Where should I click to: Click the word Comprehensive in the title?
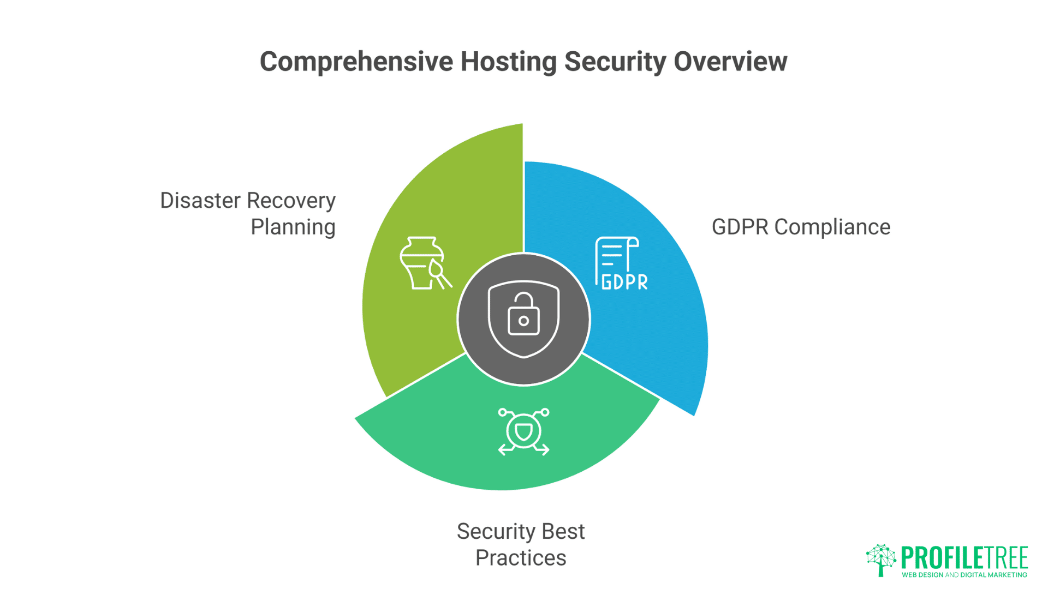(x=356, y=62)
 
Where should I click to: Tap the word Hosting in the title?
(x=508, y=62)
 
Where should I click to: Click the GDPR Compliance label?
(x=801, y=227)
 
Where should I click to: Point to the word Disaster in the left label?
(x=200, y=201)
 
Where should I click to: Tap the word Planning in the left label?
(x=293, y=227)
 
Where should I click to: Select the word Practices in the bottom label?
(x=521, y=558)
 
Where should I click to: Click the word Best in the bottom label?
(x=563, y=531)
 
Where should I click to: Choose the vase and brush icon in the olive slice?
(x=424, y=263)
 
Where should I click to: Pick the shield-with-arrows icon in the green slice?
(x=523, y=431)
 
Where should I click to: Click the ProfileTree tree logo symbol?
(x=880, y=559)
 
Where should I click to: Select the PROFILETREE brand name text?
(x=964, y=558)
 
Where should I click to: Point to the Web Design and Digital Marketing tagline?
(x=964, y=575)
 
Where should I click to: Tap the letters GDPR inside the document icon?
(x=624, y=282)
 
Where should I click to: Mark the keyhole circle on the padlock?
(x=523, y=321)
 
